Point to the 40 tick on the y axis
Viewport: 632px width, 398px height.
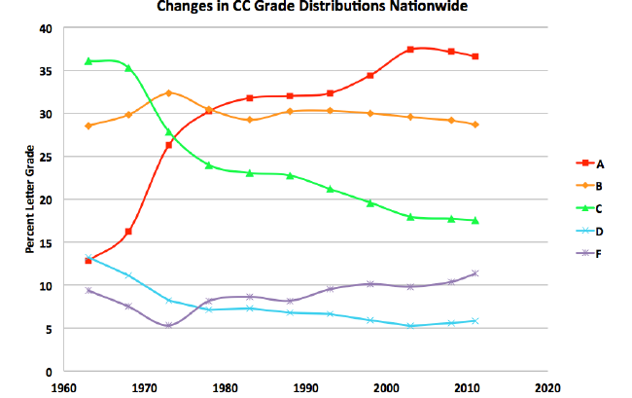point(45,28)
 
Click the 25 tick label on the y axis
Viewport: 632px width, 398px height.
point(45,157)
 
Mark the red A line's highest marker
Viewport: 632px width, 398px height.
point(411,49)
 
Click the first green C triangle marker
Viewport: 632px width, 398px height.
point(88,61)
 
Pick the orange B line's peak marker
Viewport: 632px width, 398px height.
point(169,93)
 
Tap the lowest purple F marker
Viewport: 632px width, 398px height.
point(169,325)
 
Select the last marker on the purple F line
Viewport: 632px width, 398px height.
point(475,273)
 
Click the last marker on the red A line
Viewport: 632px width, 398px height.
point(475,56)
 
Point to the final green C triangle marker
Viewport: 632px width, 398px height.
point(475,221)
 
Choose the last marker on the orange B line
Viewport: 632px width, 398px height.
point(475,125)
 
